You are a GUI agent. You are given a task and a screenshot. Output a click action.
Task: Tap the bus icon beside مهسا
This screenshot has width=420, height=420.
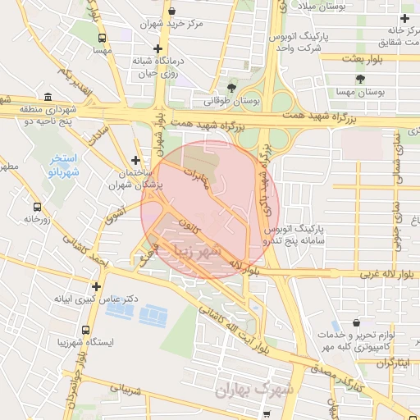103,38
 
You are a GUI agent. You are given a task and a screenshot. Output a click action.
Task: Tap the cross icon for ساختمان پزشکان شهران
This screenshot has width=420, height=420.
135,161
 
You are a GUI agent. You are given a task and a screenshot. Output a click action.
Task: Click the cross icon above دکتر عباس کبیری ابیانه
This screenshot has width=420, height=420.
97,287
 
